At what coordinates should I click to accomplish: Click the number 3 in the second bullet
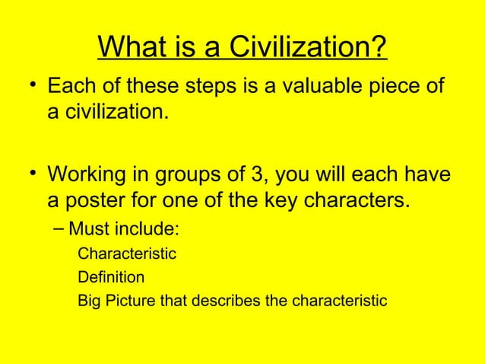pyautogui.click(x=254, y=177)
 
